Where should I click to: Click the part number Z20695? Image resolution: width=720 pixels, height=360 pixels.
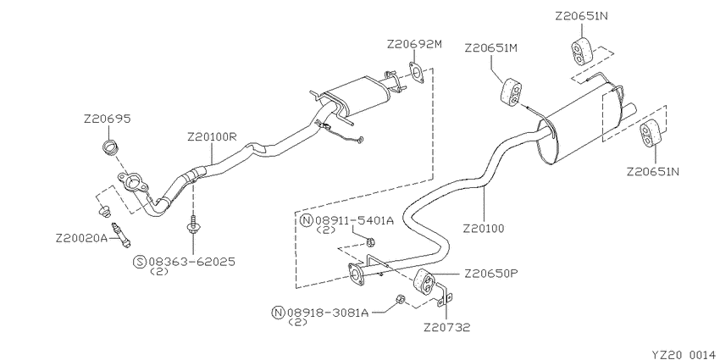107,119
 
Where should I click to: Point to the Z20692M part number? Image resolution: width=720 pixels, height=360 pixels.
414,43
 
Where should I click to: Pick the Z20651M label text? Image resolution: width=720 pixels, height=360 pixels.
490,48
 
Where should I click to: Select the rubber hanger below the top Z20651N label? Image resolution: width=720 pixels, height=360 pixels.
578,50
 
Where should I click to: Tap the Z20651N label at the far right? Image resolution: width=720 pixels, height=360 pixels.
653,171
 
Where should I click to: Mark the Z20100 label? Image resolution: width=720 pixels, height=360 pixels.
484,228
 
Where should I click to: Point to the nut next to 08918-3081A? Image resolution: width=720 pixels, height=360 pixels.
399,299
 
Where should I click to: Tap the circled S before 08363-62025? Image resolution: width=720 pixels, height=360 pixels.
139,262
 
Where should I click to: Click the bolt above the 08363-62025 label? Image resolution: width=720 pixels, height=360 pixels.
194,225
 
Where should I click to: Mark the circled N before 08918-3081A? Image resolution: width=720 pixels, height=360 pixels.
277,313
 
